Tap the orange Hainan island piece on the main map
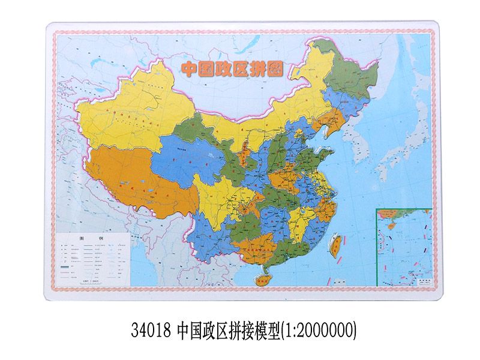262,277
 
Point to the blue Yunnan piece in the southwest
207,240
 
